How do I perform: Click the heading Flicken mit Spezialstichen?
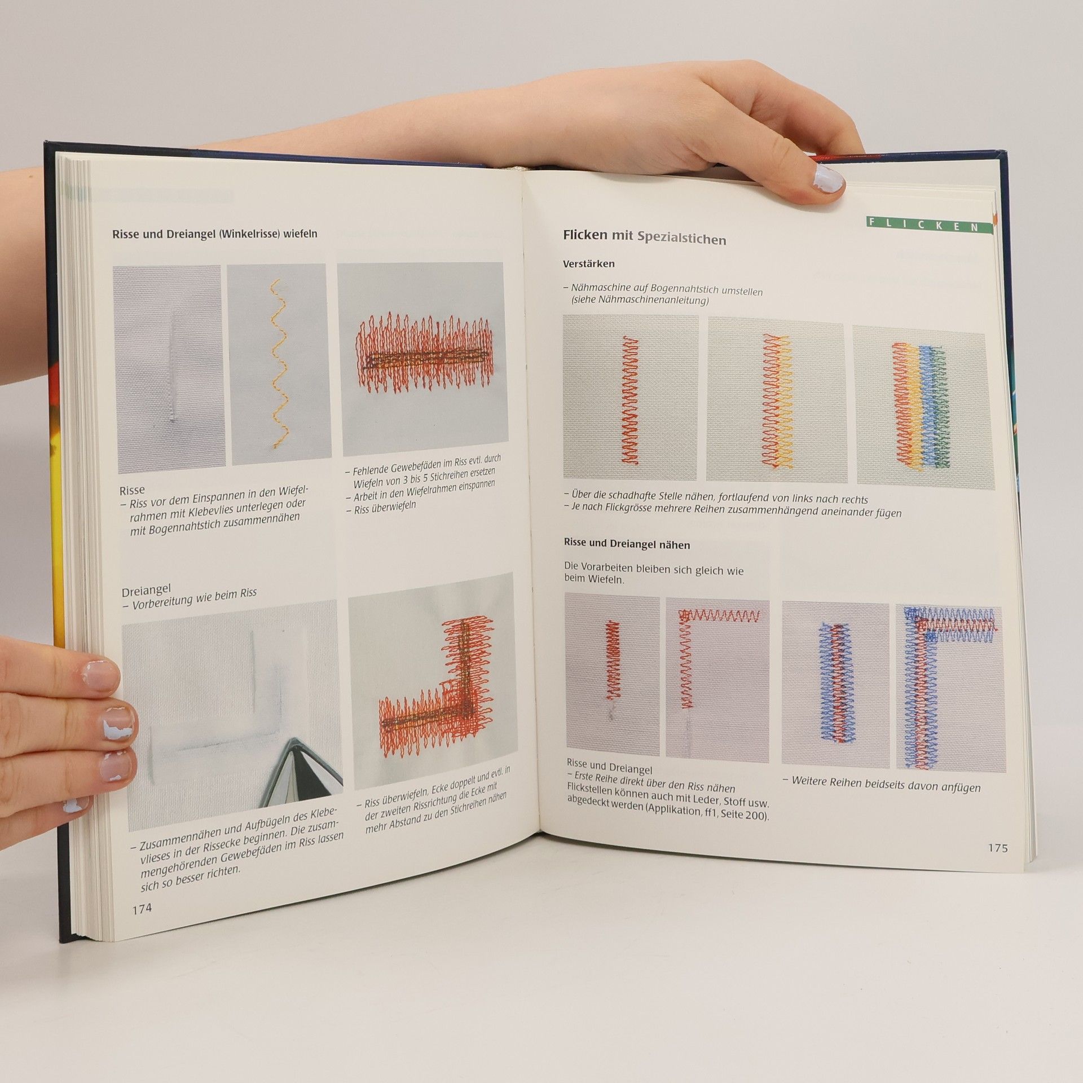pyautogui.click(x=644, y=237)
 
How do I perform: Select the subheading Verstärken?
pyautogui.click(x=589, y=263)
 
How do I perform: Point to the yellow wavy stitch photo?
pyautogui.click(x=279, y=364)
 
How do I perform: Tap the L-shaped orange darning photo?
pyautogui.click(x=432, y=680)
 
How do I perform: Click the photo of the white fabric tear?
pyautogui.click(x=170, y=369)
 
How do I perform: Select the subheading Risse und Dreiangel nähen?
pyautogui.click(x=627, y=545)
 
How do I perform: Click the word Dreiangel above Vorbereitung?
pyautogui.click(x=146, y=592)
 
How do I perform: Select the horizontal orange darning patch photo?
pyautogui.click(x=421, y=360)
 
